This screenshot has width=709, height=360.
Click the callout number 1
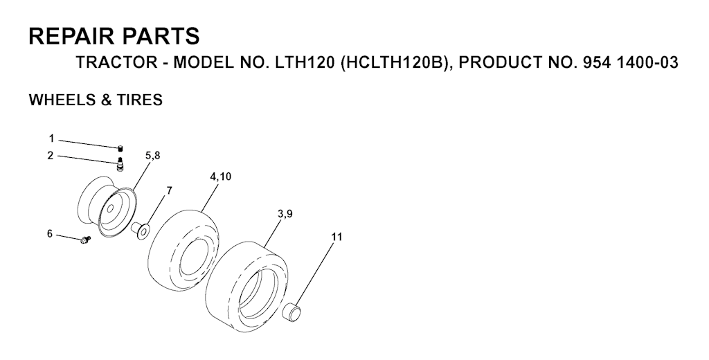pos(51,138)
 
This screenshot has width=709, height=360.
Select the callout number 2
pos(50,156)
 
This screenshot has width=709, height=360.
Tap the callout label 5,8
pos(152,156)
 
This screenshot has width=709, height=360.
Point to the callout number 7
pos(169,190)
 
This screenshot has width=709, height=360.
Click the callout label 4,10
pos(220,177)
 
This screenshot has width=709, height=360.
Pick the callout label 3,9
pos(285,215)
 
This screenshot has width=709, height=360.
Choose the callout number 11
pos(336,237)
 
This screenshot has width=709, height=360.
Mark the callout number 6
pos(50,234)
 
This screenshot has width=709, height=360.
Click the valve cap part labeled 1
pos(120,147)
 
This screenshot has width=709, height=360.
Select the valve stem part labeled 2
pos(120,163)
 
